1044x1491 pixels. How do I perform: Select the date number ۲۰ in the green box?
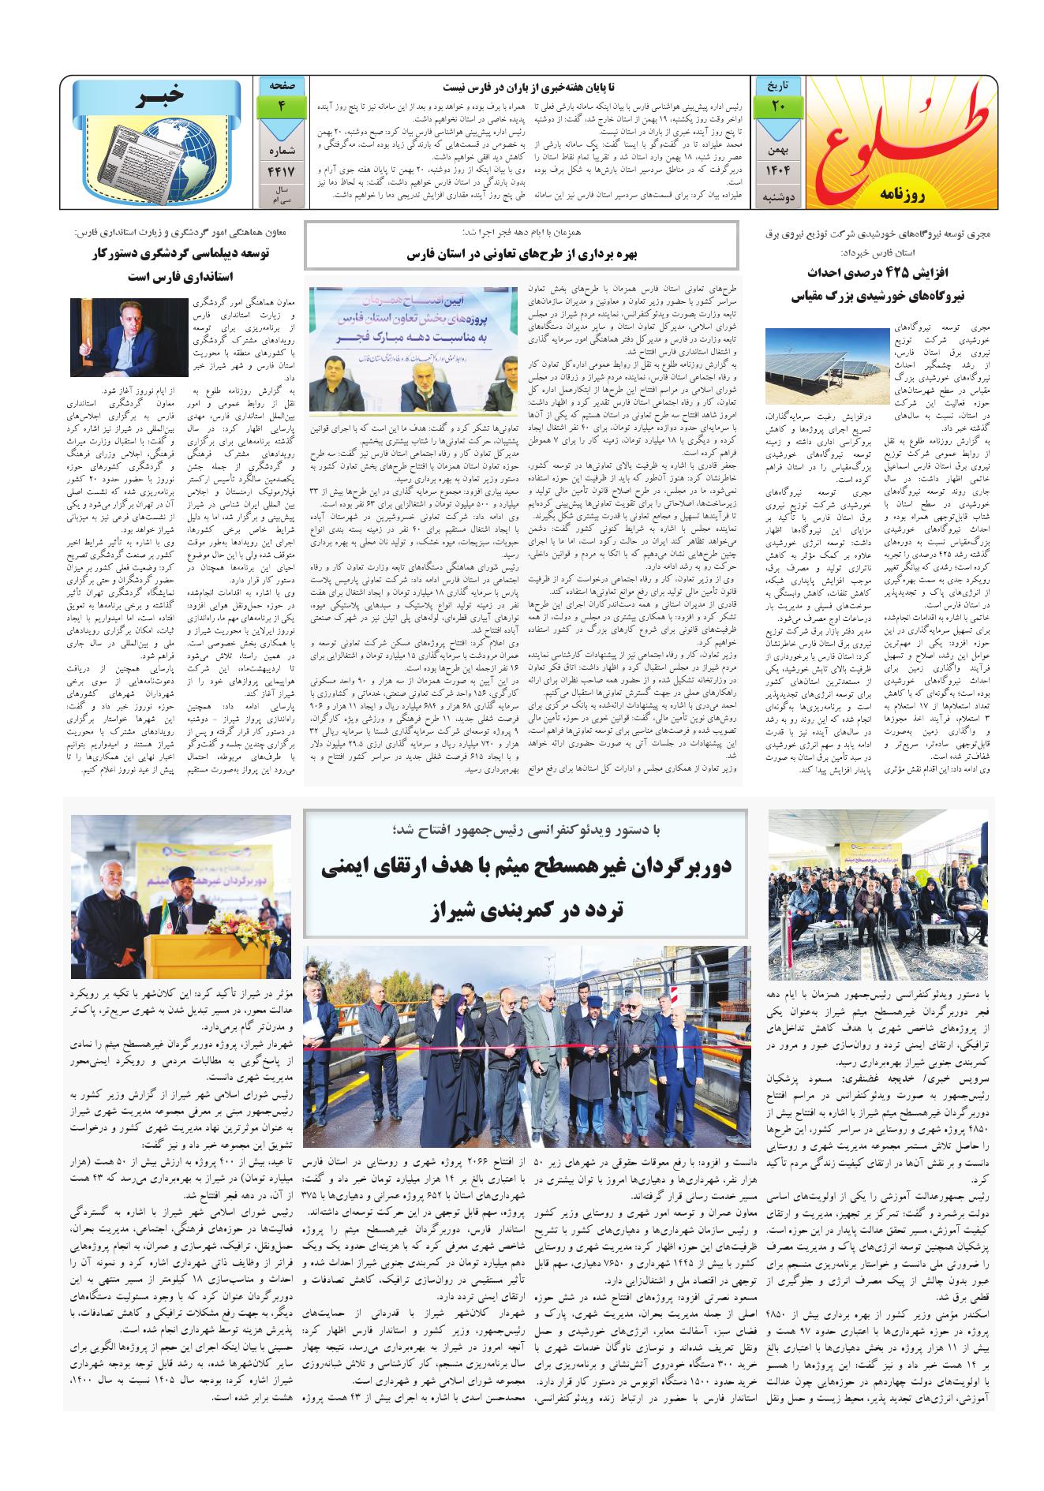[778, 106]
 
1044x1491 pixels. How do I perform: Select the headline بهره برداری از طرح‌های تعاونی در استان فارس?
[521, 256]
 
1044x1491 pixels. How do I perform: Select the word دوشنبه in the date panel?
[777, 200]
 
